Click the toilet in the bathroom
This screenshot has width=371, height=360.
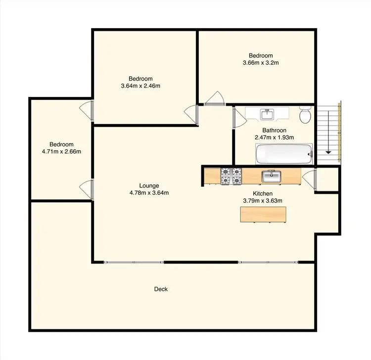click(305, 116)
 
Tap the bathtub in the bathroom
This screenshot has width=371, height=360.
click(284, 154)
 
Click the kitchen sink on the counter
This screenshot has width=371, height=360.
click(272, 176)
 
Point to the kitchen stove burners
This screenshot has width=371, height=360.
click(231, 176)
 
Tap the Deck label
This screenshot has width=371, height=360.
click(161, 289)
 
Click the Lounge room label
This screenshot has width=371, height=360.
click(149, 186)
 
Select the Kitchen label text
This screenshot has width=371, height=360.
click(263, 194)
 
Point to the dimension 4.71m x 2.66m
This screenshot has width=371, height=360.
click(61, 151)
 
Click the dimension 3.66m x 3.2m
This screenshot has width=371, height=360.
click(261, 63)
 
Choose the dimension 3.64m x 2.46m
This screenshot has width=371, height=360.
click(140, 86)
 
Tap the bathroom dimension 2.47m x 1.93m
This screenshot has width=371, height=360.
click(274, 137)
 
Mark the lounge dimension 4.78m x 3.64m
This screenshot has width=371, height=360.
click(149, 193)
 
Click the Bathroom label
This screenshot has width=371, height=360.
click(274, 131)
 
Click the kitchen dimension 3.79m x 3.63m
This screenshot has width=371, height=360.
click(263, 201)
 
